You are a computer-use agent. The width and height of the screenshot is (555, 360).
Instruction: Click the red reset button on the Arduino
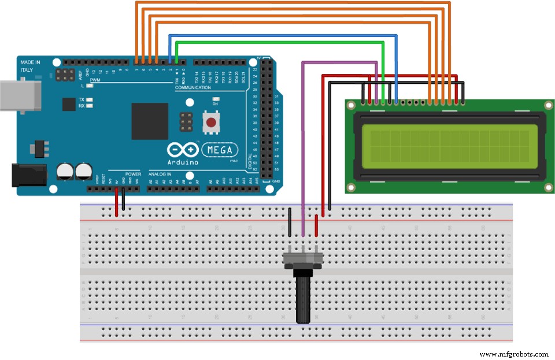click(212, 123)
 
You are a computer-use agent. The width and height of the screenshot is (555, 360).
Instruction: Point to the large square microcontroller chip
click(149, 121)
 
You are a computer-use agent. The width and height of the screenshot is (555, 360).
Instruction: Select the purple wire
click(302, 144)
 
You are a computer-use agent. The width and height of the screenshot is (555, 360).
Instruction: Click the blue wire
click(283, 35)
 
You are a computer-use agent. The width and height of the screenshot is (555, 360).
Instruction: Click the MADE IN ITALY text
click(30, 65)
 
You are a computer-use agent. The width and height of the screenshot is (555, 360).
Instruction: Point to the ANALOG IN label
click(161, 173)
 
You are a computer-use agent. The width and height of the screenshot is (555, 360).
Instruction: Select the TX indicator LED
click(90, 99)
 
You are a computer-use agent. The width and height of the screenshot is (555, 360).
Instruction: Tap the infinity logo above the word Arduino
click(183, 150)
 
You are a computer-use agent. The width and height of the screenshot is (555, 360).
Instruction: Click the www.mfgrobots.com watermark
click(514, 354)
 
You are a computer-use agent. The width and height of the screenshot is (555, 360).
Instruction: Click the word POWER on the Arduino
click(133, 173)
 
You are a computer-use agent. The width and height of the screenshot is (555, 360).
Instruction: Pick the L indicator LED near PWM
click(90, 86)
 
